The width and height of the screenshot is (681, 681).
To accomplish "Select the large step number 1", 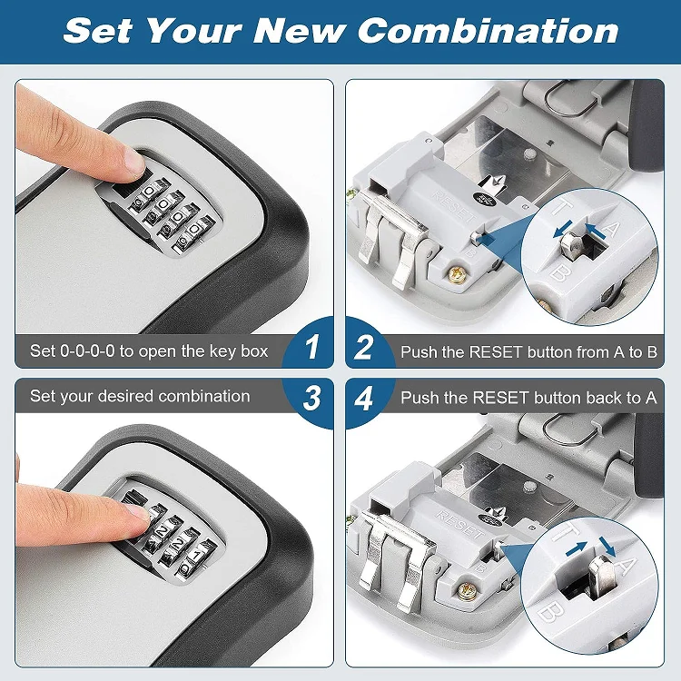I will (312, 347).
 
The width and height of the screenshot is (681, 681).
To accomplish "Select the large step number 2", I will (364, 347).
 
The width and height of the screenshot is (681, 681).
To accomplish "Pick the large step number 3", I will (312, 398).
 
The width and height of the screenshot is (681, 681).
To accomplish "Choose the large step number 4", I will (364, 398).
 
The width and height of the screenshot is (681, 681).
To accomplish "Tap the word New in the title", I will (301, 31).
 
